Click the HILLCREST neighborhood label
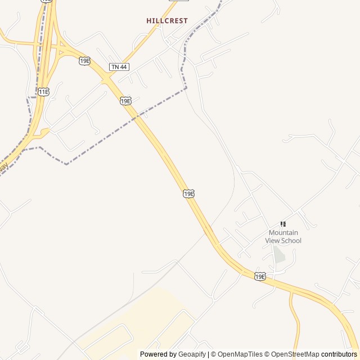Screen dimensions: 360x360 tap(167, 21)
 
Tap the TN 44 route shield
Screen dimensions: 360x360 tap(119, 67)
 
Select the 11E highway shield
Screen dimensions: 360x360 tap(44, 92)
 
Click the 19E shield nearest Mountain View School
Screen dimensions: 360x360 tap(259, 276)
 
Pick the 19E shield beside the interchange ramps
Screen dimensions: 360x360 tap(84, 61)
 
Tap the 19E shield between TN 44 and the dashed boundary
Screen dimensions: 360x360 tap(125, 101)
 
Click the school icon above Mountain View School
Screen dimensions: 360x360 tap(283, 224)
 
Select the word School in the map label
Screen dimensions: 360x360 tap(291, 241)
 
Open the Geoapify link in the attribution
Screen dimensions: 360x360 tap(192, 354)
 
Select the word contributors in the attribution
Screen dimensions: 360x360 tap(339, 354)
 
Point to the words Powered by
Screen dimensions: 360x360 tap(158, 354)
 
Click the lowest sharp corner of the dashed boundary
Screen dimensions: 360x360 tap(66, 164)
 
